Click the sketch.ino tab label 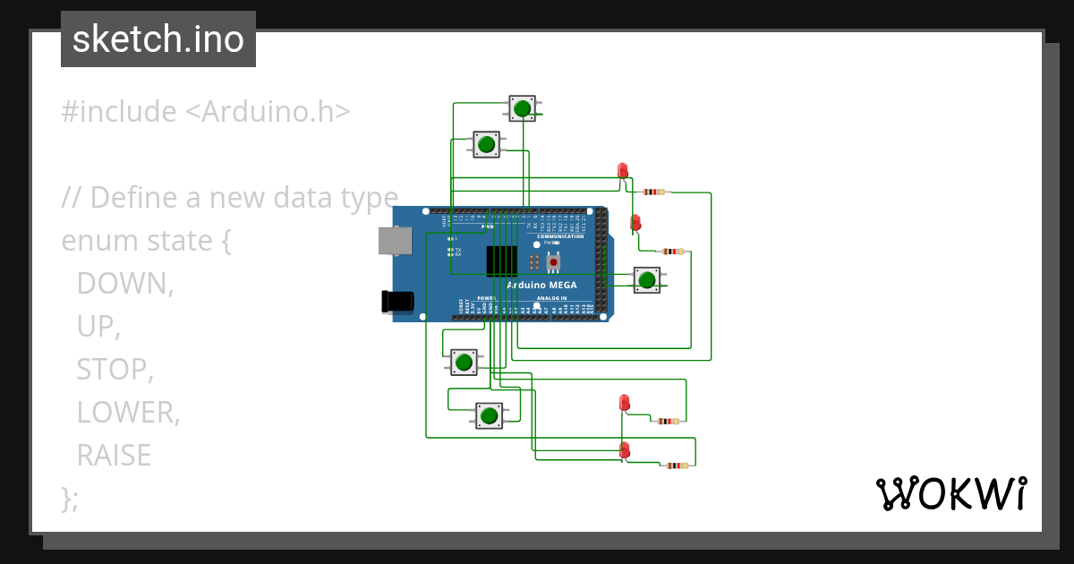[x=158, y=39]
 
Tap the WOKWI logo [x=950, y=494]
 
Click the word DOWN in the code [x=124, y=283]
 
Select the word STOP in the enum [x=115, y=369]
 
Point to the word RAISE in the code [x=114, y=455]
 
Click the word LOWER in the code [x=128, y=412]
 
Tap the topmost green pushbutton [x=522, y=108]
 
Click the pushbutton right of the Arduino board [x=647, y=279]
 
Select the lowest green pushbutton [x=488, y=415]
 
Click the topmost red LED [x=623, y=170]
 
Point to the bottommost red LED [x=625, y=449]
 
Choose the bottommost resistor [x=678, y=466]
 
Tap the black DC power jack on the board [x=397, y=302]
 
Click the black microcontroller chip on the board [x=501, y=260]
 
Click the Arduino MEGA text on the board [x=541, y=286]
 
